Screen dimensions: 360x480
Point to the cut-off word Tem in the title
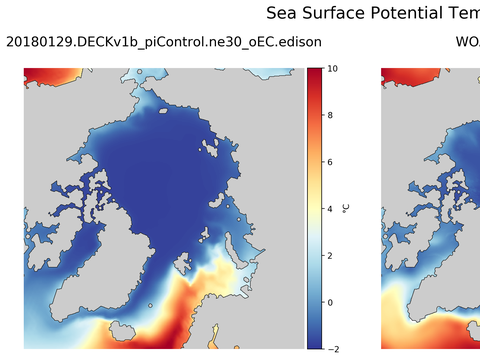point(464,13)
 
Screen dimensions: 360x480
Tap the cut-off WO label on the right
point(467,42)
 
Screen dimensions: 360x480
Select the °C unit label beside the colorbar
point(346,208)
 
